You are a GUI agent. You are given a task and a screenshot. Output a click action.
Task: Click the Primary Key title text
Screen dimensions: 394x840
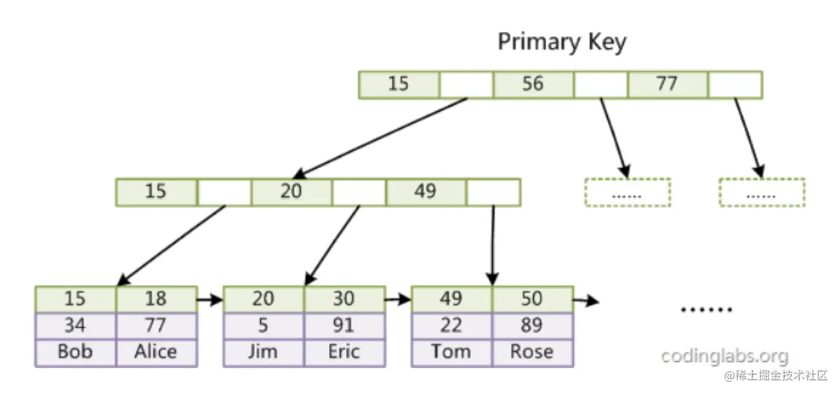pyautogui.click(x=562, y=43)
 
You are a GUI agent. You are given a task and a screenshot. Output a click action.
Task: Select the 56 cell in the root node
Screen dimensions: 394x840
pyautogui.click(x=532, y=84)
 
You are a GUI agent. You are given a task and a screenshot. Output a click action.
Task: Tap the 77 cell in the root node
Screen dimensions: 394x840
pyautogui.click(x=667, y=84)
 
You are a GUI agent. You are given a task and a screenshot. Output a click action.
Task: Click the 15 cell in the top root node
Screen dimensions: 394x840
pyautogui.click(x=398, y=84)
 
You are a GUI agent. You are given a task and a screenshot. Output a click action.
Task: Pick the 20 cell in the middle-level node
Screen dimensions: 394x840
pyautogui.click(x=291, y=192)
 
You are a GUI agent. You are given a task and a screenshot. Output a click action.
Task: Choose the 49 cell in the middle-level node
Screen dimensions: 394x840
pyautogui.click(x=425, y=192)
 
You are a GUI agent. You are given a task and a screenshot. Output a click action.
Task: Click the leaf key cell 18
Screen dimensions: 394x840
pyautogui.click(x=156, y=299)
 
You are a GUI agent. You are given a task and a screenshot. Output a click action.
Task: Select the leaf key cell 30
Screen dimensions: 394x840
pyautogui.click(x=344, y=299)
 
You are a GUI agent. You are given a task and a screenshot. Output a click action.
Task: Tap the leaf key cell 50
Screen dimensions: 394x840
pyautogui.click(x=531, y=299)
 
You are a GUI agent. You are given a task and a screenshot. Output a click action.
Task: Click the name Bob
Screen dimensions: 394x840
pyautogui.click(x=75, y=351)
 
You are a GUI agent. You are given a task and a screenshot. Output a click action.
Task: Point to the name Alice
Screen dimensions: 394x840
pyautogui.click(x=156, y=351)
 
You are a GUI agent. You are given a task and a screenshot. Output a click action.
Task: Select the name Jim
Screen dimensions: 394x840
pyautogui.click(x=262, y=351)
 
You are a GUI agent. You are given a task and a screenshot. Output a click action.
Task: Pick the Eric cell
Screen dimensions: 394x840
pyautogui.click(x=344, y=351)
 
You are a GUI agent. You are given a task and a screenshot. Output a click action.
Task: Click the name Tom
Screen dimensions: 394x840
pyautogui.click(x=450, y=351)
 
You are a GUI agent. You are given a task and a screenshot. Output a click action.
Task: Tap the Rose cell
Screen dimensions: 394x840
pyautogui.click(x=531, y=351)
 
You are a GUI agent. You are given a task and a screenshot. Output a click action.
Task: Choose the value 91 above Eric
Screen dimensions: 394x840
pyautogui.click(x=344, y=325)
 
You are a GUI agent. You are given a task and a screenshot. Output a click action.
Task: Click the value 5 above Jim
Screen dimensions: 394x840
pyautogui.click(x=262, y=325)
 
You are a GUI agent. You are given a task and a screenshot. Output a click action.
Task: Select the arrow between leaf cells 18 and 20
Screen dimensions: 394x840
pyautogui.click(x=209, y=299)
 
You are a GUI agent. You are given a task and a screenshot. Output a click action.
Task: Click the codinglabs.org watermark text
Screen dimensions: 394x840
pyautogui.click(x=725, y=356)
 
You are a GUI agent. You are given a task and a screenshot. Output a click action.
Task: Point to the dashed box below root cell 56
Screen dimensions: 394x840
pyautogui.click(x=627, y=192)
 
